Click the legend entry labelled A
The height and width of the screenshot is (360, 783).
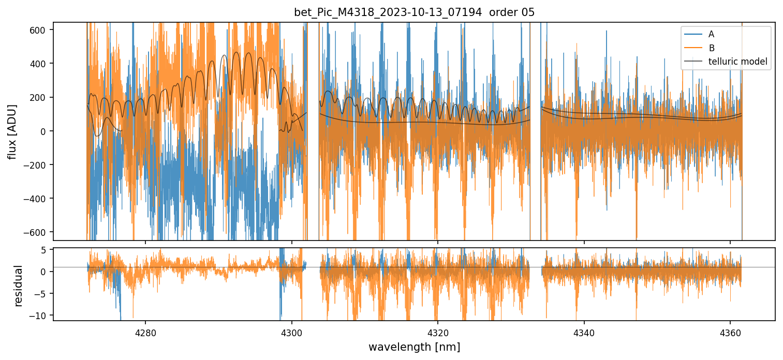point(711,34)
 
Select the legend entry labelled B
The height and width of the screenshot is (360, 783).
point(711,48)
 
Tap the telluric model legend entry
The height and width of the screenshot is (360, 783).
point(737,62)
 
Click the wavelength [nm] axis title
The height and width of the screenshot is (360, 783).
point(414,347)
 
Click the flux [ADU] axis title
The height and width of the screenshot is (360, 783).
point(11,131)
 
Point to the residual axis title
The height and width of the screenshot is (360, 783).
point(19,286)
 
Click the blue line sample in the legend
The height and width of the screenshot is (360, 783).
point(692,34)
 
